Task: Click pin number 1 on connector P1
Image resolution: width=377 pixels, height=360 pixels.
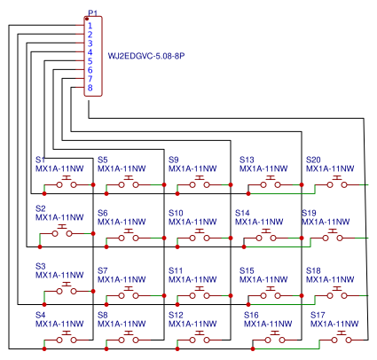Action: (90, 26)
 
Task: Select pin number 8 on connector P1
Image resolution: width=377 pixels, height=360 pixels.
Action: (90, 88)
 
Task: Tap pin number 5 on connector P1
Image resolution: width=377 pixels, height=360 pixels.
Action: (90, 61)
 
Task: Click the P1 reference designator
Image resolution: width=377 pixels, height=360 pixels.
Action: (92, 13)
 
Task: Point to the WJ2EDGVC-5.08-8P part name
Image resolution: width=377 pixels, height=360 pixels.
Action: (146, 56)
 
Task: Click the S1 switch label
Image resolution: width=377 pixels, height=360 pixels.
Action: (40, 160)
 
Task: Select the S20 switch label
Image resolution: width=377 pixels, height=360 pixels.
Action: (313, 160)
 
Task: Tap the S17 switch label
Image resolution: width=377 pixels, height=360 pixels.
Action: (318, 315)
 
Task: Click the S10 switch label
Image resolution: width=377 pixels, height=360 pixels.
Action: (176, 213)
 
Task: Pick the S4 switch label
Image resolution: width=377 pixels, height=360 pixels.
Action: (40, 315)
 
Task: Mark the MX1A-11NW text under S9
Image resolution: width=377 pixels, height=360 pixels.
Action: (192, 168)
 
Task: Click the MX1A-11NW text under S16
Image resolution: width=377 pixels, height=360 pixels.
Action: (268, 324)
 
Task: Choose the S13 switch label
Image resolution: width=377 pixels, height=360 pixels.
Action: (247, 160)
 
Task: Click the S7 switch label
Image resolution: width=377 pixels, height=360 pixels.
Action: (103, 270)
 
